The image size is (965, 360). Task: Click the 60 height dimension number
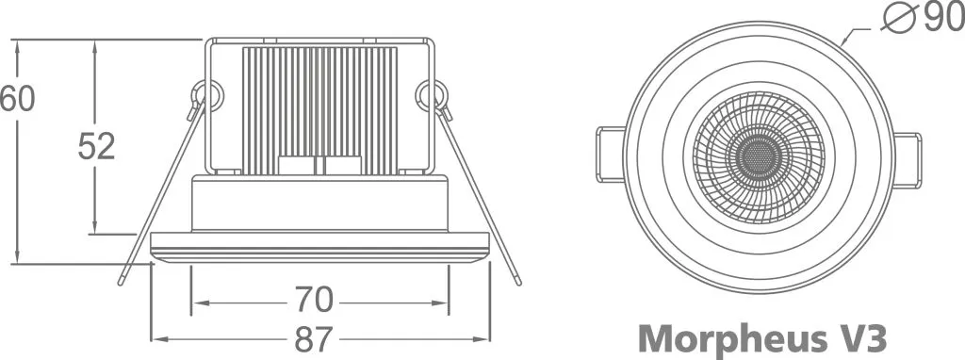click(x=17, y=99)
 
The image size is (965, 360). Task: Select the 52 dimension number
click(x=96, y=147)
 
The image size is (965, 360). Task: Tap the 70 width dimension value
click(x=314, y=301)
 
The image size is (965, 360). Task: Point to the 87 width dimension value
click(x=319, y=337)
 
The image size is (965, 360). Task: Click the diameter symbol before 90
click(x=898, y=18)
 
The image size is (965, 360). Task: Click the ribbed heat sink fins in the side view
click(x=320, y=108)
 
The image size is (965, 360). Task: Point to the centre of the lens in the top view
click(x=758, y=157)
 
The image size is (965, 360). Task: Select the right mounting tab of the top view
click(x=906, y=160)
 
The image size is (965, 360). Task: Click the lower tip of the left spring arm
click(x=123, y=281)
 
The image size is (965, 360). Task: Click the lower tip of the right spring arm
click(x=517, y=281)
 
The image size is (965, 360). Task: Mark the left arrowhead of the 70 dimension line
click(x=196, y=303)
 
